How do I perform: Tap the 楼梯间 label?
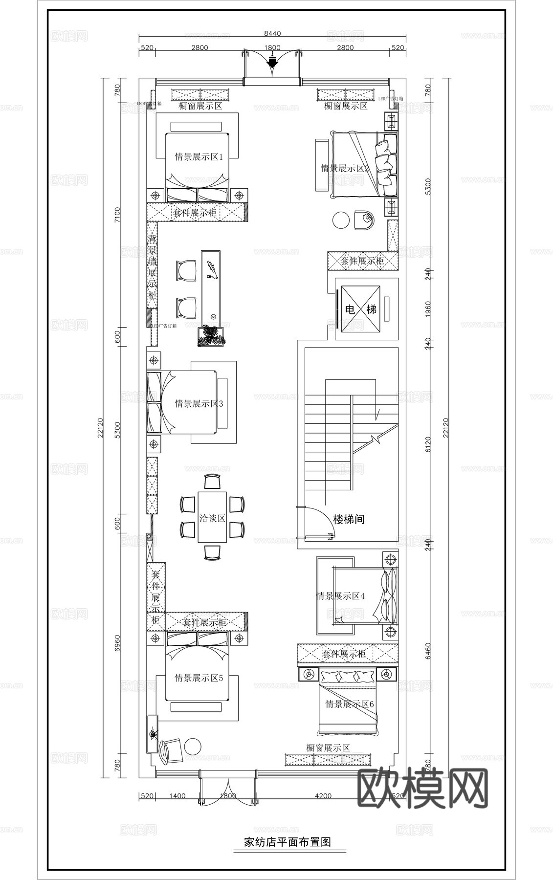click(349, 520)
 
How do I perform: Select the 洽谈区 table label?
click(212, 518)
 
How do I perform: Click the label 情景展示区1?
click(199, 157)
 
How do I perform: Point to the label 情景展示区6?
click(349, 704)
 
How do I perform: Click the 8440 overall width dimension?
click(272, 33)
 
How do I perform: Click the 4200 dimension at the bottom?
click(323, 796)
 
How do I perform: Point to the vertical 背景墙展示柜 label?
click(153, 266)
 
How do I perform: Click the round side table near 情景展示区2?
click(341, 220)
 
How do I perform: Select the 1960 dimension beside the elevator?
click(428, 309)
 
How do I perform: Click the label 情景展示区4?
click(340, 596)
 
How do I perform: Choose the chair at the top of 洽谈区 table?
click(212, 482)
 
